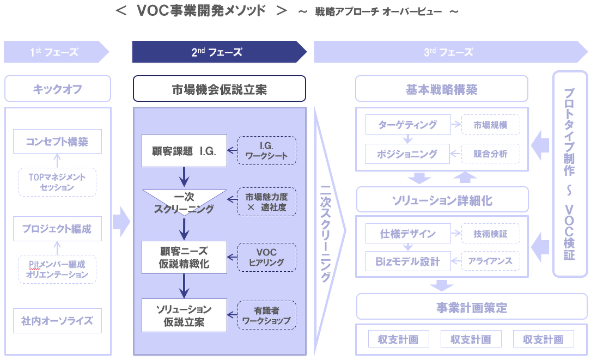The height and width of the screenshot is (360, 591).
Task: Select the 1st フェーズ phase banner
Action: tap(54, 52)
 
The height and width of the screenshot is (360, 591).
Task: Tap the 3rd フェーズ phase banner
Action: tap(449, 52)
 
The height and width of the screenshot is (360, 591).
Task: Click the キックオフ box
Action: tap(58, 89)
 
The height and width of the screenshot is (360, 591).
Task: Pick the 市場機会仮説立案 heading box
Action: tap(220, 89)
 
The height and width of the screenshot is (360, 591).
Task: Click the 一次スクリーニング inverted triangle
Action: tap(184, 202)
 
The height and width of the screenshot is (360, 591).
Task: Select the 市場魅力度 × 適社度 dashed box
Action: tap(267, 202)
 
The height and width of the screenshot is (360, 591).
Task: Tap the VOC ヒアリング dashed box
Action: tap(267, 258)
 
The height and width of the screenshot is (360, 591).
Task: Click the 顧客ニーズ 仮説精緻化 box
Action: tap(184, 258)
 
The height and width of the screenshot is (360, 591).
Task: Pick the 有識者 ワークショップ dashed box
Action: tap(267, 315)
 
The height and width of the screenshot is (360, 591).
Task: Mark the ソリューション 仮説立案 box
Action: tap(184, 315)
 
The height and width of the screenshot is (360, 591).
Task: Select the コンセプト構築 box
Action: tap(57, 142)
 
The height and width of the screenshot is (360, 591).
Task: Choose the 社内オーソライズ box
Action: tap(57, 321)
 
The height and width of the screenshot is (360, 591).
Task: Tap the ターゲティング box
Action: tap(408, 125)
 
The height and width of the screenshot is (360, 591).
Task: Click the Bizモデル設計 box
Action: tap(408, 261)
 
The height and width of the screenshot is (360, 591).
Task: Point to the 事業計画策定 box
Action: tap(472, 308)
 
